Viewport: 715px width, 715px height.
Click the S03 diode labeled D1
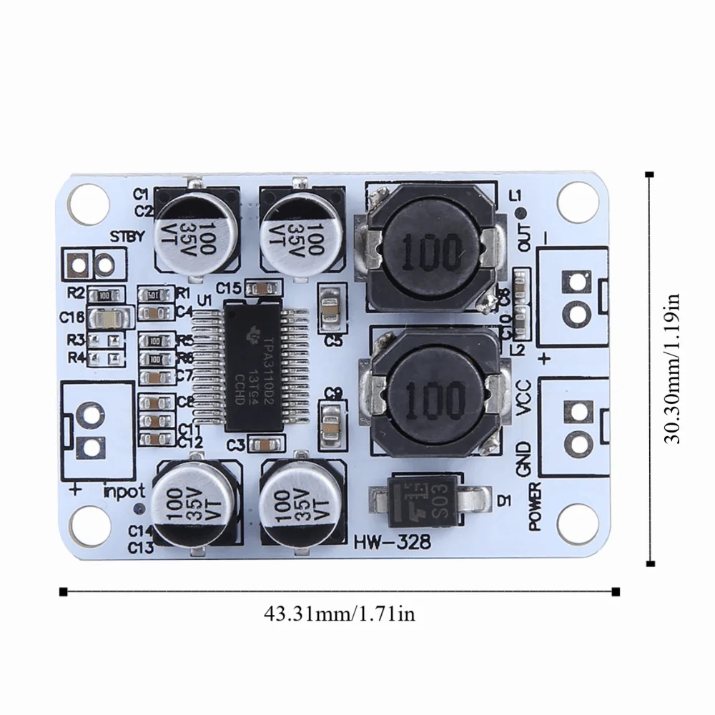430,495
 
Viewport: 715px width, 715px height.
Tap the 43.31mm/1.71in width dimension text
339,613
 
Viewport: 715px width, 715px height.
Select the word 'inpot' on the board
124,491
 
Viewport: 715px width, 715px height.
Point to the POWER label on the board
535,506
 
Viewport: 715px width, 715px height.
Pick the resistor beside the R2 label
104,293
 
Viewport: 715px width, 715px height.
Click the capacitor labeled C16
109,317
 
